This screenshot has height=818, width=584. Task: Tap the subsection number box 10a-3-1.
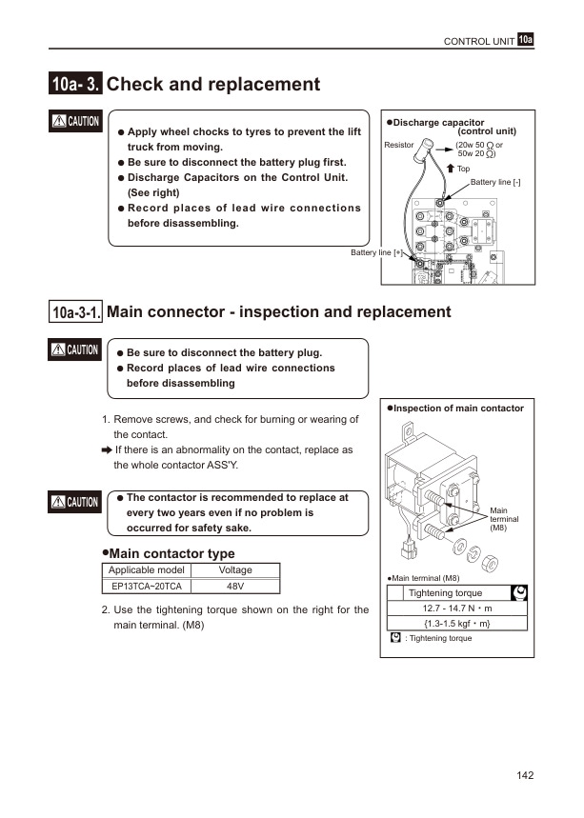pos(76,312)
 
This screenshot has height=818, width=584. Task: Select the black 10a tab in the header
pos(526,39)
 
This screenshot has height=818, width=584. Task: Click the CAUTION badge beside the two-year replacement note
pos(76,502)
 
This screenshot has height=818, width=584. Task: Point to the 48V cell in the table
pos(235,586)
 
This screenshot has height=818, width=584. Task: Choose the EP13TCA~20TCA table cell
pos(146,586)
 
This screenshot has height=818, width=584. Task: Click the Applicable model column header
pos(146,569)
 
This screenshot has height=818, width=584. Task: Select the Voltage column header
pos(235,569)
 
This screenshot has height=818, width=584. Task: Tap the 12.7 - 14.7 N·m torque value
pos(457,608)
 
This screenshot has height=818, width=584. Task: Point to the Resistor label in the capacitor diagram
pos(398,145)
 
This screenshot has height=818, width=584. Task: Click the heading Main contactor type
pos(168,553)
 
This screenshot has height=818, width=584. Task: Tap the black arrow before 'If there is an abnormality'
pos(107,449)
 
